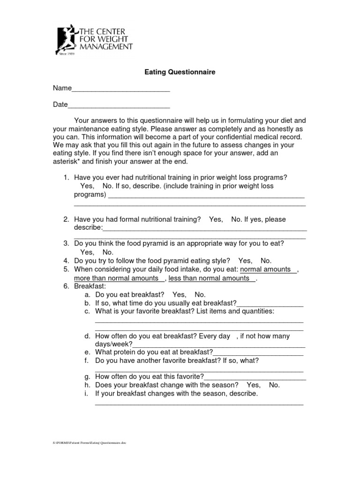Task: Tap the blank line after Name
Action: click(x=120, y=89)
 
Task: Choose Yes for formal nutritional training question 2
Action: click(x=216, y=219)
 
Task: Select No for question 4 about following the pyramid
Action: click(x=265, y=261)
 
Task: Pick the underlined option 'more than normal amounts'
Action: click(x=116, y=278)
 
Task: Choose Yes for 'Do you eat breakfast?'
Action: click(x=179, y=295)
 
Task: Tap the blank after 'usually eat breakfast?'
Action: click(x=270, y=304)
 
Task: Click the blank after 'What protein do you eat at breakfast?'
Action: click(x=258, y=352)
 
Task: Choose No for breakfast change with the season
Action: click(x=274, y=385)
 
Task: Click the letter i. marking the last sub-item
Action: click(x=87, y=393)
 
